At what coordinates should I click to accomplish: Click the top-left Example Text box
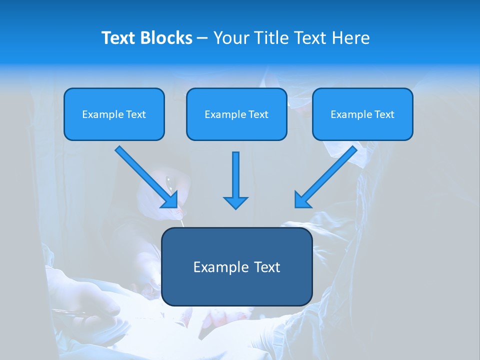point(114,114)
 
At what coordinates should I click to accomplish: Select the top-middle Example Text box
point(236,114)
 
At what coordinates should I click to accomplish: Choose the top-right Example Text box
point(362,114)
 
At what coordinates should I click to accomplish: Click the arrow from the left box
point(145,175)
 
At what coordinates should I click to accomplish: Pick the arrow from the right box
point(327,175)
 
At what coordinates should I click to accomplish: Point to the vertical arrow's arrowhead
point(235,202)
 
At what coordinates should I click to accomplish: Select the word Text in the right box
point(384,114)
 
